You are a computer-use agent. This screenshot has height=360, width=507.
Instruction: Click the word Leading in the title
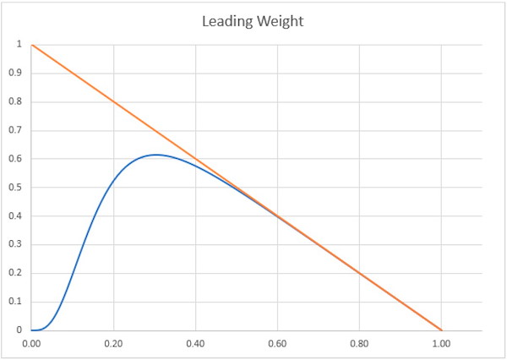click(225, 21)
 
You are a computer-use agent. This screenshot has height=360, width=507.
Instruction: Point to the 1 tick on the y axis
click(19, 45)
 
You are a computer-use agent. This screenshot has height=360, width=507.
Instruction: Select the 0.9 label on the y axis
click(15, 74)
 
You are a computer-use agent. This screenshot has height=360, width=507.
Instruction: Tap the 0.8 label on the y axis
click(15, 101)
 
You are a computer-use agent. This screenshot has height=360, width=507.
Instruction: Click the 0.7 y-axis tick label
click(15, 130)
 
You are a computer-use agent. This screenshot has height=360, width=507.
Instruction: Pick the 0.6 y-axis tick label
click(15, 159)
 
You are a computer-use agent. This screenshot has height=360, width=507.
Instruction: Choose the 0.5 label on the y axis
click(15, 188)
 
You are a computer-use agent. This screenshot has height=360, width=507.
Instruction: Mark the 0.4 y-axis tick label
click(15, 216)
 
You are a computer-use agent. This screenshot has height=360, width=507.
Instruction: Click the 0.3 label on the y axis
click(15, 244)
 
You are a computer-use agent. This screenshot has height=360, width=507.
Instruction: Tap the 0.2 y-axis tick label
click(15, 273)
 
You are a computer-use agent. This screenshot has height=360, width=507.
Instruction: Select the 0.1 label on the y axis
click(15, 302)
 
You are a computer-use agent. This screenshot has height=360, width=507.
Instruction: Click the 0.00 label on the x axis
click(31, 345)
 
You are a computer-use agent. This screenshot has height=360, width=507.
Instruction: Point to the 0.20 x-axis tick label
click(113, 345)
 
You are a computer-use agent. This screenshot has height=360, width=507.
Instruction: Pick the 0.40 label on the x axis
click(195, 345)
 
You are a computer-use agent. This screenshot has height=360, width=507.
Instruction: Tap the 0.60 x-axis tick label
click(277, 345)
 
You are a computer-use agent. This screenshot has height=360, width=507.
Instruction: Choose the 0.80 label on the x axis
click(359, 345)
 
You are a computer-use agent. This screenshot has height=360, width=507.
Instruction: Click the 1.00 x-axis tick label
click(441, 345)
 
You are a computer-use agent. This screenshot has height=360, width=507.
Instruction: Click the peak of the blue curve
click(155, 155)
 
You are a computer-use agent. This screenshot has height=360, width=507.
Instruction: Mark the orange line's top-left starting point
click(31, 45)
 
